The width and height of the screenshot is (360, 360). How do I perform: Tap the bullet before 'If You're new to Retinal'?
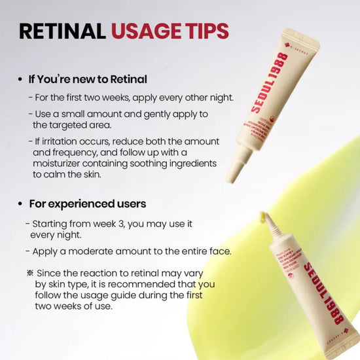click(21, 79)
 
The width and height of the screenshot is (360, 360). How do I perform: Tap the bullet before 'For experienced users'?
click(21, 204)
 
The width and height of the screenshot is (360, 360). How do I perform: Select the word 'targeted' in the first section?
click(70, 125)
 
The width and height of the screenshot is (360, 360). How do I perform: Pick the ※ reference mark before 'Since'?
click(30, 273)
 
